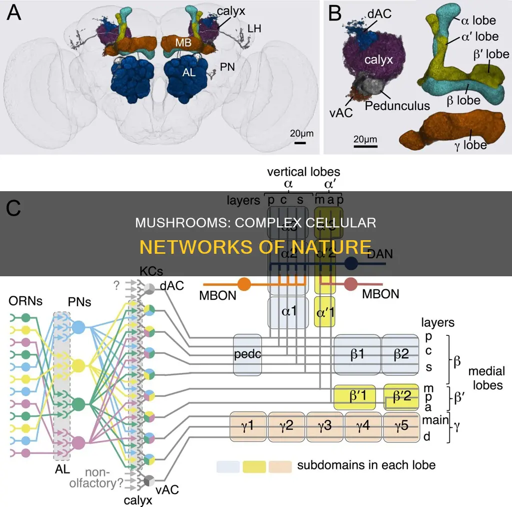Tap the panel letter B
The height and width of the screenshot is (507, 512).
click(334, 14)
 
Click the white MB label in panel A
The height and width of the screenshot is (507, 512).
click(183, 43)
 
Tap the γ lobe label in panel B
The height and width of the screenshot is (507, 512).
click(468, 145)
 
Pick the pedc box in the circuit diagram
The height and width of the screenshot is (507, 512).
click(247, 354)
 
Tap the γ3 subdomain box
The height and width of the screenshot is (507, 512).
click(325, 428)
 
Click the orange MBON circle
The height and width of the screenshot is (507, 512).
click(243, 284)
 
